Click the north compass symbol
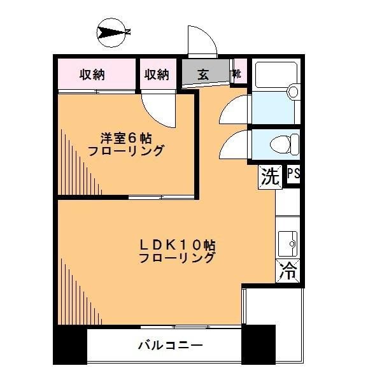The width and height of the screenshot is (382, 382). pyautogui.click(x=113, y=33)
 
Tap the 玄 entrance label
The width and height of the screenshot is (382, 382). pyautogui.click(x=203, y=74)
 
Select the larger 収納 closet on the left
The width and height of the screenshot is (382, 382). pyautogui.click(x=97, y=74)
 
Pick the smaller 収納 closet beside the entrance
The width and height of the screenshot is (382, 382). pyautogui.click(x=158, y=74)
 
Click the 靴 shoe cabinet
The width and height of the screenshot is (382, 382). pyautogui.click(x=238, y=73)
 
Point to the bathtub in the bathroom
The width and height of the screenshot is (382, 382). pyautogui.click(x=276, y=74)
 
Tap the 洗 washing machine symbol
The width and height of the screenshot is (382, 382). pyautogui.click(x=270, y=177)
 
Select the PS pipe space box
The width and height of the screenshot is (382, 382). pyautogui.click(x=293, y=174)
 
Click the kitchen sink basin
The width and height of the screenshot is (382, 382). pyautogui.click(x=288, y=244)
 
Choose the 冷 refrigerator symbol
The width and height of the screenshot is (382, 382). pyautogui.click(x=288, y=271)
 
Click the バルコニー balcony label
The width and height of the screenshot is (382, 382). pyautogui.click(x=170, y=345)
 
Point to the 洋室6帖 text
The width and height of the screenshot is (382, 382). pyautogui.click(x=126, y=138)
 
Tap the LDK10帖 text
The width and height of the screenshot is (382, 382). pyautogui.click(x=178, y=245)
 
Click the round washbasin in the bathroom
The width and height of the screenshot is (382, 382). pyautogui.click(x=293, y=92)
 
